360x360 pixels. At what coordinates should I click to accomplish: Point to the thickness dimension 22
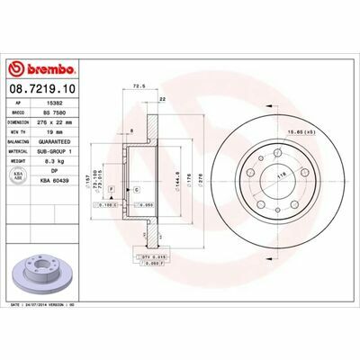162,98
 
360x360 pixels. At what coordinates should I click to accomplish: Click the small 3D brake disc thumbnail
45,274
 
